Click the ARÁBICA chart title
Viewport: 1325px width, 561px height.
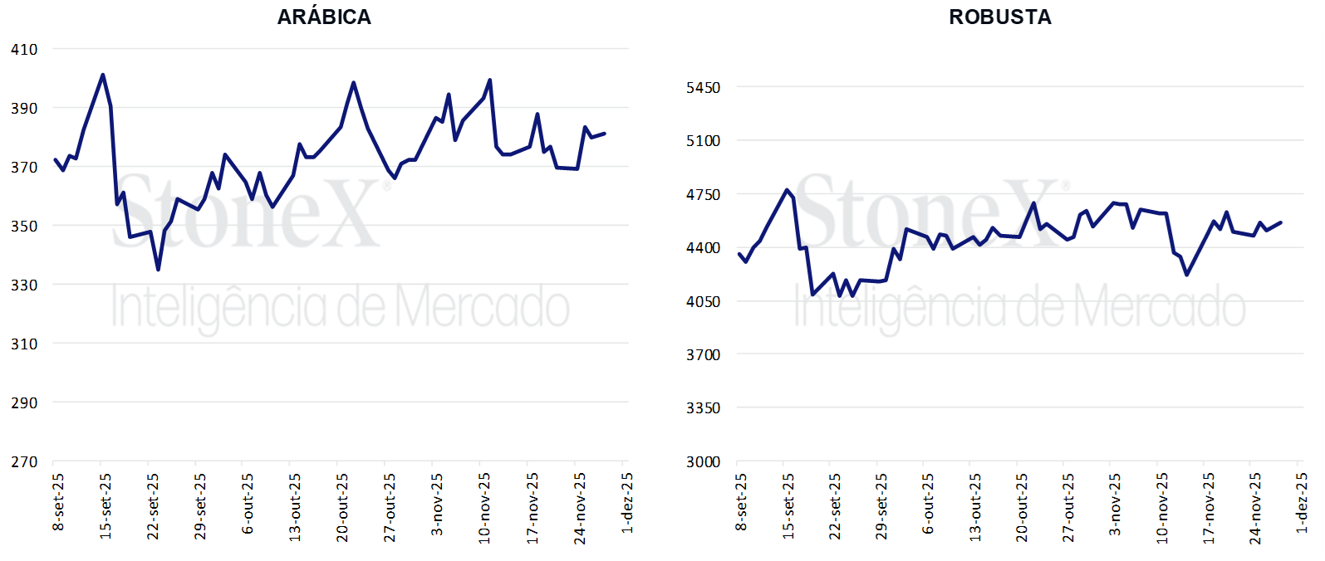point(324,17)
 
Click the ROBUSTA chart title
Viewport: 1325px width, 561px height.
point(1000,17)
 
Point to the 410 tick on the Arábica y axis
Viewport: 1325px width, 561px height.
point(24,49)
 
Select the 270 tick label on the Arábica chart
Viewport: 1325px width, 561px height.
point(24,461)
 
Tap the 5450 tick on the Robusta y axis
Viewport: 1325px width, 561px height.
point(704,87)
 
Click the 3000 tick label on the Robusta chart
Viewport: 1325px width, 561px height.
point(704,461)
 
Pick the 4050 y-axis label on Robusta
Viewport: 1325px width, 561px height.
point(704,301)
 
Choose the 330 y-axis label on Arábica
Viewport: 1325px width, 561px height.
point(24,285)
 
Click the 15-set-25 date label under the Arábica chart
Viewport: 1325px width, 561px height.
point(106,506)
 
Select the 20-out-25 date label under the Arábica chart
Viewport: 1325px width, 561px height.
point(342,507)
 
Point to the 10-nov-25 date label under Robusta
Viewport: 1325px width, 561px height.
point(1161,508)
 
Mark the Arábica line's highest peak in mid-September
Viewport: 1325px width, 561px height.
point(103,75)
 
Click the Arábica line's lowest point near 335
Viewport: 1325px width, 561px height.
point(158,270)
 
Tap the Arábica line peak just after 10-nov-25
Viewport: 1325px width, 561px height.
point(490,80)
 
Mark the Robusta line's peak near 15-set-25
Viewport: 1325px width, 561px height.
point(787,190)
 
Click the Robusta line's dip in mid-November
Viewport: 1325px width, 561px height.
point(1186,275)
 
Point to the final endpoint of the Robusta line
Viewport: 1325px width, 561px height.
point(1281,222)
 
